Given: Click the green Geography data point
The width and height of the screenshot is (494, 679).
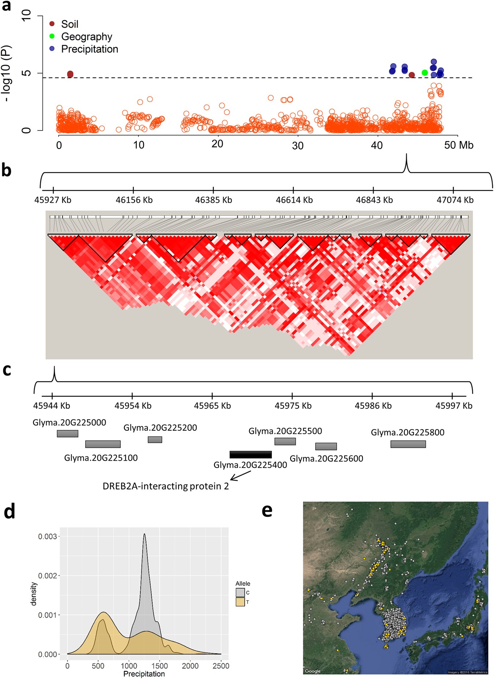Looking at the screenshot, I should [424, 72].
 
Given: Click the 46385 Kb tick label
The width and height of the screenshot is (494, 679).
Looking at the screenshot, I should [213, 200].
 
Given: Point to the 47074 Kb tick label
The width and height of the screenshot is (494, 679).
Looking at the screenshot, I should [455, 200].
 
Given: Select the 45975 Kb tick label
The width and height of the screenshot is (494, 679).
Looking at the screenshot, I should [293, 406].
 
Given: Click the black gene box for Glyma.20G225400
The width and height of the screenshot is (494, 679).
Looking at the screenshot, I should [251, 455].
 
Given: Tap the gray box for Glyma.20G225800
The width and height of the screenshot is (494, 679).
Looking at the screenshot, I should [408, 444].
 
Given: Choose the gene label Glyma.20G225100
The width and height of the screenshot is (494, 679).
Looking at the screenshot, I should [101, 458].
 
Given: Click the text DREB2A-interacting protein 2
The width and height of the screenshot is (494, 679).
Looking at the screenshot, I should [166, 486].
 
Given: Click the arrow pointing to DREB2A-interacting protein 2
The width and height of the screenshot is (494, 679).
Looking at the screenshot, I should [240, 475].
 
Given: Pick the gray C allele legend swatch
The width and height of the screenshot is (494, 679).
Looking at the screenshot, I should [240, 593].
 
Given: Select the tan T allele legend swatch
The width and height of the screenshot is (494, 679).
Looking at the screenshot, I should [240, 602].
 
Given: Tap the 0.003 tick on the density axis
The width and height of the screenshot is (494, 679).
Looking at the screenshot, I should [48, 536].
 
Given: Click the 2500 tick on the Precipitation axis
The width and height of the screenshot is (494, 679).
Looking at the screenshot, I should [221, 666].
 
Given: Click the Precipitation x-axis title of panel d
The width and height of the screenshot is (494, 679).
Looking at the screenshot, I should [144, 674].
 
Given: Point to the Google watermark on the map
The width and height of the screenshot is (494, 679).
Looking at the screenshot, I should [313, 671].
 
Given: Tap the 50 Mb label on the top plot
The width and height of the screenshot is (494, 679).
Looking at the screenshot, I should [459, 145].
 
